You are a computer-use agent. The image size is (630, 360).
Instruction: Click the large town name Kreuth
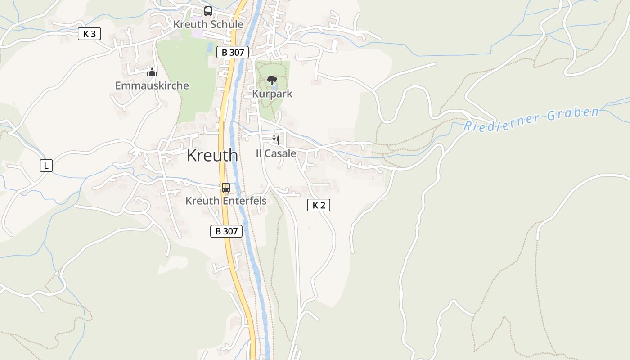coord(212,155)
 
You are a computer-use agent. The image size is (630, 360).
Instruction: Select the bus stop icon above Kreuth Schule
coord(208,11)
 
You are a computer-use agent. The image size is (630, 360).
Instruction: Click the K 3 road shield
coord(89,34)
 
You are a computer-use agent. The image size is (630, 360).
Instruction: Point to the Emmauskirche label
coord(152,85)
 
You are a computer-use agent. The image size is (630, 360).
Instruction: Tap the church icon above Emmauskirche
coord(152,72)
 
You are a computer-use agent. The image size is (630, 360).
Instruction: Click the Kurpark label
coord(272,94)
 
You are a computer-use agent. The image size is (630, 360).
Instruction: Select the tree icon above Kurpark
coord(272,81)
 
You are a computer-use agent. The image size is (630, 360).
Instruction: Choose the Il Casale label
coord(276,153)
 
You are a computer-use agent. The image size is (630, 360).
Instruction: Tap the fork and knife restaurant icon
coord(276,140)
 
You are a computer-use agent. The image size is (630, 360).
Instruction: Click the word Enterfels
coord(244,201)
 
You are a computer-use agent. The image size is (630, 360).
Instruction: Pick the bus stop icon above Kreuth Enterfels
coord(225,188)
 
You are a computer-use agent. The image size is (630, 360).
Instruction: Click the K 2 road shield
coord(319,205)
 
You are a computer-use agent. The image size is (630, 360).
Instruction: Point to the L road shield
coord(46,166)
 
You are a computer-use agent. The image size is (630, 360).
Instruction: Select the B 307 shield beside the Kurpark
coord(233,52)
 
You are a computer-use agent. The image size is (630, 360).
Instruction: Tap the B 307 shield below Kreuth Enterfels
coord(226,231)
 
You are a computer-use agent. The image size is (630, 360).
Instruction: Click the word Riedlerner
coord(502,121)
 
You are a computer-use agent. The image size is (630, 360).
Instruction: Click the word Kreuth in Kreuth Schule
coord(189,24)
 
